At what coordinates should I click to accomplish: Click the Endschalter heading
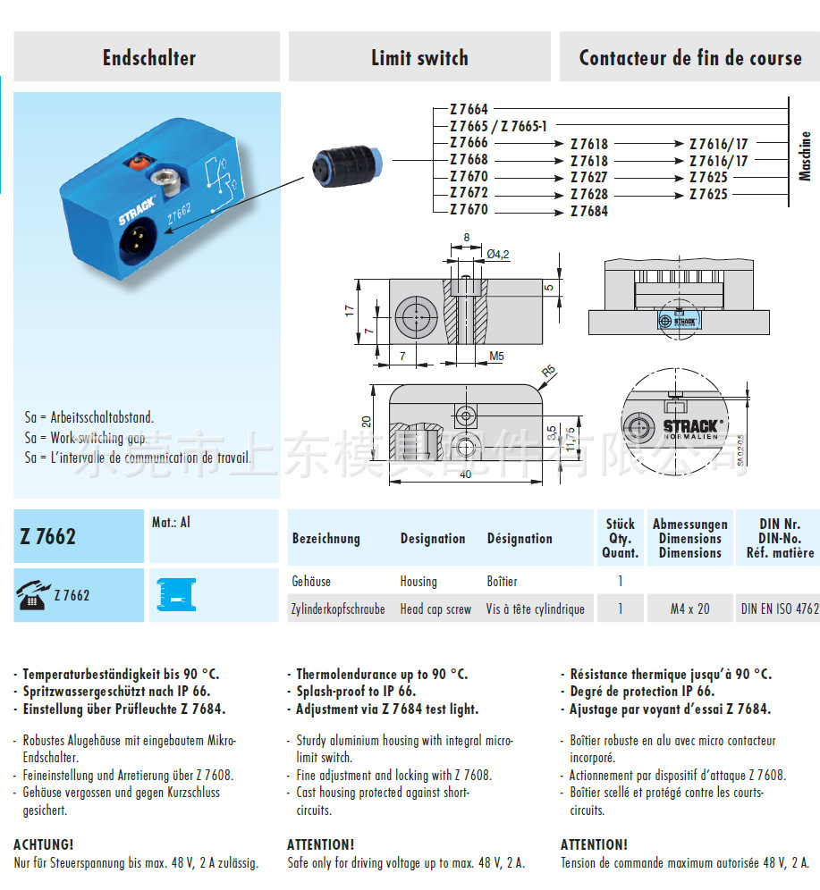[x=148, y=59]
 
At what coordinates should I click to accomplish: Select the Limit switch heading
[x=419, y=59]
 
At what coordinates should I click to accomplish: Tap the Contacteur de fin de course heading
[x=689, y=59]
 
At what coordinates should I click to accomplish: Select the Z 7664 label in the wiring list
[x=469, y=110]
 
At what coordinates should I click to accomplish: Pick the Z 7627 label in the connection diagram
[x=588, y=177]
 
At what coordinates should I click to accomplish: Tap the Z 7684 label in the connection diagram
[x=588, y=211]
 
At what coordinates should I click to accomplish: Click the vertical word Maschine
[x=805, y=156]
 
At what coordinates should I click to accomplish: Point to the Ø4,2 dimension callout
[x=498, y=255]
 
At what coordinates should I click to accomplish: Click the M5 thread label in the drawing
[x=496, y=357]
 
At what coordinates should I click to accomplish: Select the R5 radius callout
[x=547, y=371]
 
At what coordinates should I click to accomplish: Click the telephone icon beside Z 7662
[x=32, y=595]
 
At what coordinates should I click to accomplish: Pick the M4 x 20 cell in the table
[x=689, y=609]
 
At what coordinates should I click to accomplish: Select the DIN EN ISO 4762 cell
[x=779, y=609]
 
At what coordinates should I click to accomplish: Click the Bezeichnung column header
[x=325, y=539]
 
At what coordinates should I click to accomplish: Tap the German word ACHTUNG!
[x=44, y=844]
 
